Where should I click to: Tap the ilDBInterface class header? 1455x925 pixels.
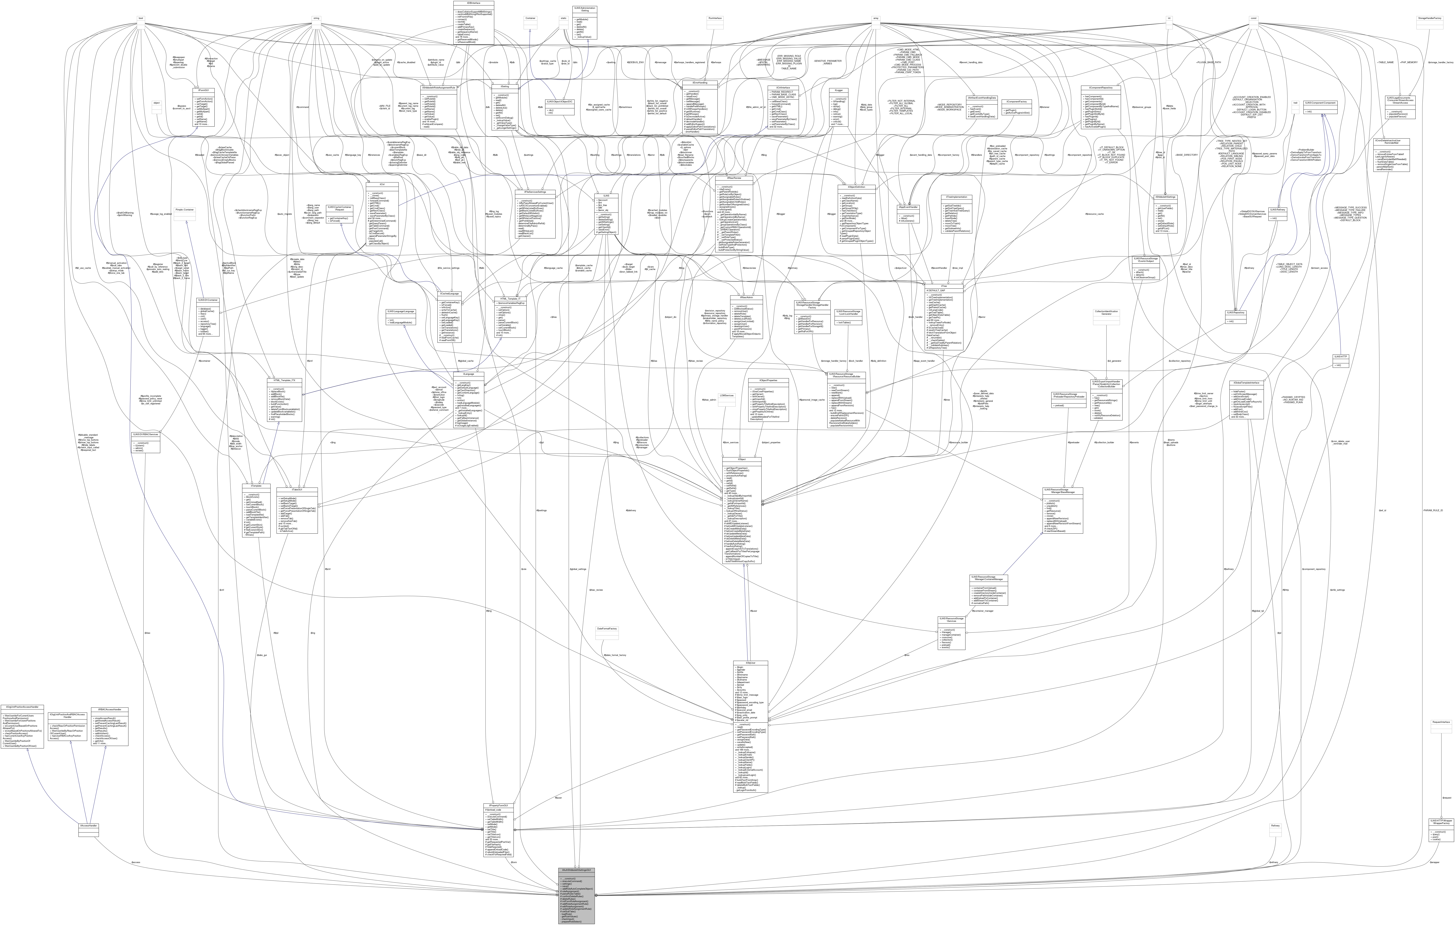coord(473,3)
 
